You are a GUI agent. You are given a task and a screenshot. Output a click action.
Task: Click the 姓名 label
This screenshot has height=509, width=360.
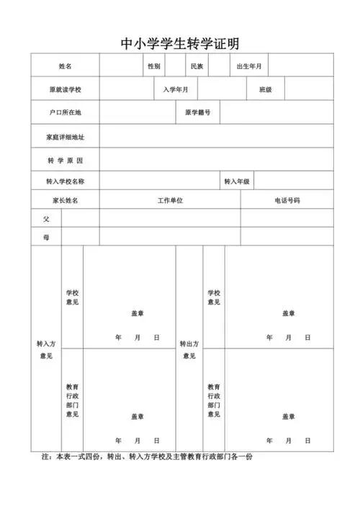(x=65, y=66)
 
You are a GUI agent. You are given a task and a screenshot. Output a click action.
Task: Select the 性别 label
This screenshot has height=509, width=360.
(x=154, y=66)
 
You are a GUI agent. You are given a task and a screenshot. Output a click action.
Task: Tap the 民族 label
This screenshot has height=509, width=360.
(x=197, y=66)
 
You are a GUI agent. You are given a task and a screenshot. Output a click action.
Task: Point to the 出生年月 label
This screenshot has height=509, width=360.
(x=249, y=66)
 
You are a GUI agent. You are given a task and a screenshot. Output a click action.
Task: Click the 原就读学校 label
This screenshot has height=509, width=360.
(x=65, y=90)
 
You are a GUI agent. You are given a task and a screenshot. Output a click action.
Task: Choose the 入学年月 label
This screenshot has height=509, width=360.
(x=176, y=90)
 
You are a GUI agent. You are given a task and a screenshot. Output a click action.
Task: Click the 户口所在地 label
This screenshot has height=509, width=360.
(x=65, y=113)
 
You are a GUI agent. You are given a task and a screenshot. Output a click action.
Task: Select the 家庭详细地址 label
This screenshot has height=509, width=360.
(x=65, y=137)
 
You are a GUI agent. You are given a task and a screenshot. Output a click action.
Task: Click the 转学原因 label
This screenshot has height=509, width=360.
(x=65, y=160)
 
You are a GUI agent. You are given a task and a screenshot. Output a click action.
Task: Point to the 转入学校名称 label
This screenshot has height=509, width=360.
(x=65, y=181)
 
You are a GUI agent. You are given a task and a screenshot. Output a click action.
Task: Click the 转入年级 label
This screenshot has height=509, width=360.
(x=237, y=181)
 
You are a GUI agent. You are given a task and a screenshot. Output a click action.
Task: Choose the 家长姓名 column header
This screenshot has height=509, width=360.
(x=65, y=200)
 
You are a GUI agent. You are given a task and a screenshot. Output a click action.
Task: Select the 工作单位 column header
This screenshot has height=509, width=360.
(x=170, y=200)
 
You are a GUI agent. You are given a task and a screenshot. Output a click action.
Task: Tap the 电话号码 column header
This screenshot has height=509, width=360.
(x=287, y=200)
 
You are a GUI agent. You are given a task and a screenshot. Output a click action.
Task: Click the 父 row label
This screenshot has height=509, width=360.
(x=46, y=218)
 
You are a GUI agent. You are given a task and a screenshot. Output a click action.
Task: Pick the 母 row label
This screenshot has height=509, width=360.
(x=46, y=237)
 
